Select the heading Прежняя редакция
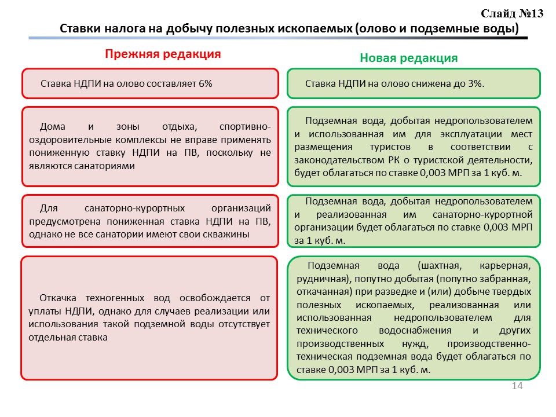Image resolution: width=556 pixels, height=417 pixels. point(163,54)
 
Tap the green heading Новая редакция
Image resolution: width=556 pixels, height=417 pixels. point(408,58)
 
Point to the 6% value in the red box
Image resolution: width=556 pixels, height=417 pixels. point(205,84)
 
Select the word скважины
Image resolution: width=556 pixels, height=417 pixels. point(229,235)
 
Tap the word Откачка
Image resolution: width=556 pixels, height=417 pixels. point(58,298)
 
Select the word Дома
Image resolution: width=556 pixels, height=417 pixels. point(52,127)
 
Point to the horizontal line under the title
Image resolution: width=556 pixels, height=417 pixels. point(278,38)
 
